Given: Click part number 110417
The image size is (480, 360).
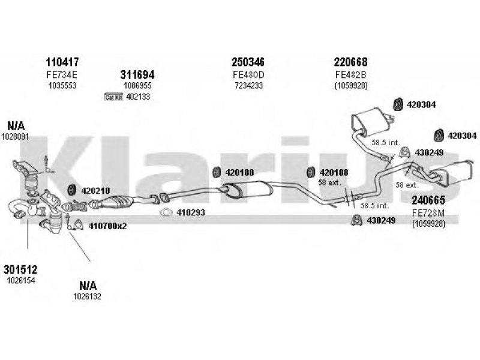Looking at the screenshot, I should [62, 62].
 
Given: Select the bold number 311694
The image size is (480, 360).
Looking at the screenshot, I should [137, 75].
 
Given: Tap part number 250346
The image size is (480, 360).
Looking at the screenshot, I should [248, 62].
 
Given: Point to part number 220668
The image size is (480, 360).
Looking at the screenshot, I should [351, 62].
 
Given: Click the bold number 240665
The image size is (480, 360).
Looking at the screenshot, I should [427, 201].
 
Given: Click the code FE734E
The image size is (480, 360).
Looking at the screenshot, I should [62, 74].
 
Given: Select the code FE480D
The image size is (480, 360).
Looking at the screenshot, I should [248, 74].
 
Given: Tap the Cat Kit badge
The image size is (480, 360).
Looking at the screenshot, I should [113, 97].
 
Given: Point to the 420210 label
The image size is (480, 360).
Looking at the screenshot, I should [95, 191].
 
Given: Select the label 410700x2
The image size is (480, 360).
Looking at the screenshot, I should [107, 226].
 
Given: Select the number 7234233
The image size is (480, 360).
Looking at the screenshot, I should [248, 86].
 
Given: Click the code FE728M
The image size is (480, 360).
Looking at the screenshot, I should [427, 213].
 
